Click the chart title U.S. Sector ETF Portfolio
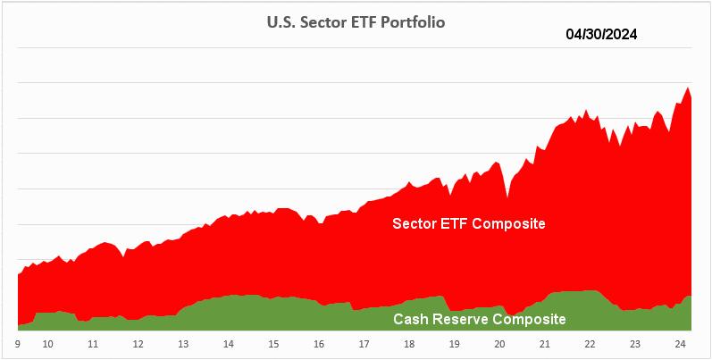coord(356,22)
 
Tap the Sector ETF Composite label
coord(469,223)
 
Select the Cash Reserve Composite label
coord(480,319)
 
